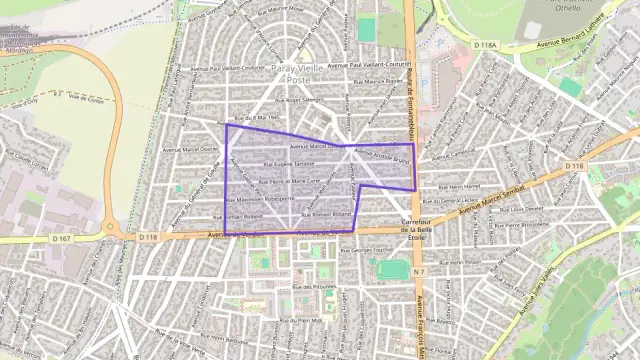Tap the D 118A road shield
click(486, 45)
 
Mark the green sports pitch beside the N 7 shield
click(393, 269)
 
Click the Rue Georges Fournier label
click(369, 249)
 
